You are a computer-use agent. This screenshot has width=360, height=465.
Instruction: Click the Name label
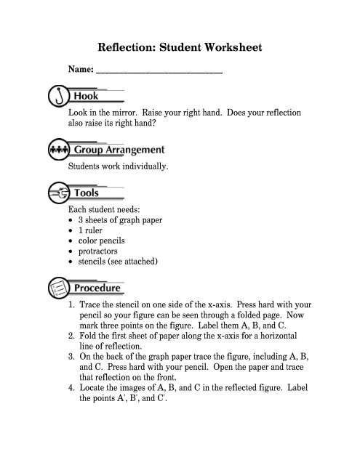[81, 71]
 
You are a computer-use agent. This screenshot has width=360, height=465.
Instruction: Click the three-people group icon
[57, 150]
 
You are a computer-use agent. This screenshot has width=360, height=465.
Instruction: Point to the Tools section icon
[57, 193]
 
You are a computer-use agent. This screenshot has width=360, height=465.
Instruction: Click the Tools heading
[88, 193]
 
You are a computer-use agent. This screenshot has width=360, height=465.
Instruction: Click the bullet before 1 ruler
[69, 231]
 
